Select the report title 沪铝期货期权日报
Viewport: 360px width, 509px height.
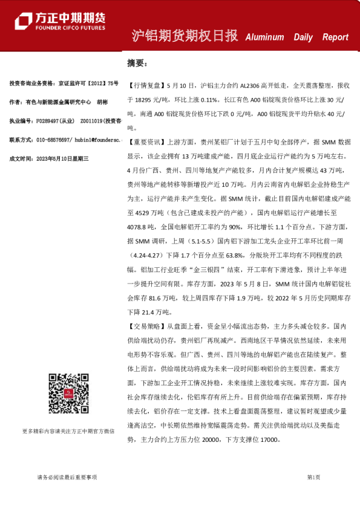pos(185,36)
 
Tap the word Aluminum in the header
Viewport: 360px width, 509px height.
pos(264,37)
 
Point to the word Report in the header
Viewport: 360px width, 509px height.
pos(335,37)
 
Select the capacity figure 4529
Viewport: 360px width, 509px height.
pos(143,213)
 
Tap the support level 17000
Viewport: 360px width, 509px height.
pos(270,441)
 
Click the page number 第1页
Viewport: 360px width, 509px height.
pos(313,477)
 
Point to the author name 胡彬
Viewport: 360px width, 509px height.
pos(102,102)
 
